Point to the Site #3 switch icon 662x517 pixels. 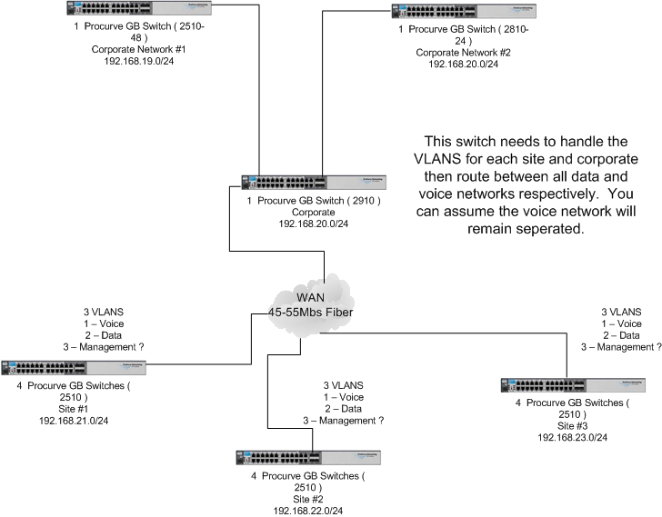pyautogui.click(x=573, y=385)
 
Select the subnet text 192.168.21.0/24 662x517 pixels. pyautogui.click(x=75, y=423)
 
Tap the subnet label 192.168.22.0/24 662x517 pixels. pyautogui.click(x=307, y=512)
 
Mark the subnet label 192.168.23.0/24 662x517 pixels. pyautogui.click(x=572, y=438)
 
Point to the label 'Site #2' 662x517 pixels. pyautogui.click(x=307, y=499)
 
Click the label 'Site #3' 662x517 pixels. pyautogui.click(x=572, y=426)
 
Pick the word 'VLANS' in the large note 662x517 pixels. pyautogui.click(x=453, y=160)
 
